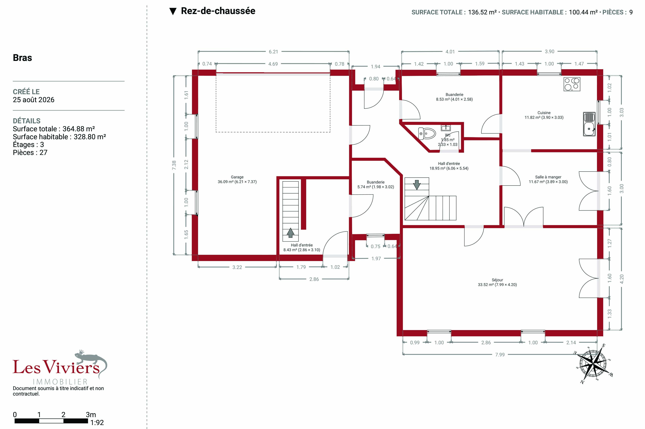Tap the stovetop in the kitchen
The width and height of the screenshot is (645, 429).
click(572, 84)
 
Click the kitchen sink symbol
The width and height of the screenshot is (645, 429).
click(589, 124)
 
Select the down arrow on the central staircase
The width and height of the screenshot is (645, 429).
click(417, 185)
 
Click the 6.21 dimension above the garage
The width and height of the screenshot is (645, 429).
click(273, 51)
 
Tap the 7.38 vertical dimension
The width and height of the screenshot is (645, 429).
click(174, 165)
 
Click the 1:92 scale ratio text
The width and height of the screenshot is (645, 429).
click(97, 423)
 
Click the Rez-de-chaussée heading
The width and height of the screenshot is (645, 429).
click(218, 11)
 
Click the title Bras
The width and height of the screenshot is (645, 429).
click(23, 58)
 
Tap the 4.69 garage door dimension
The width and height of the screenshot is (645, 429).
click(273, 64)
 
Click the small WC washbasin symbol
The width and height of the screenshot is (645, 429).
click(446, 128)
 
